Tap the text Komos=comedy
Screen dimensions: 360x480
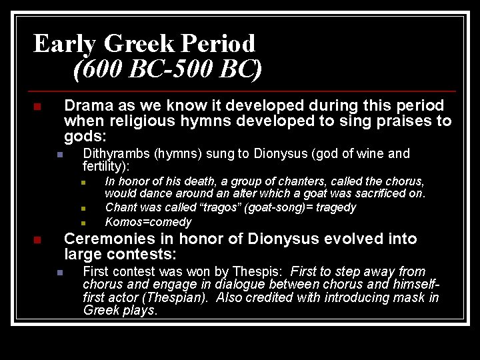148,222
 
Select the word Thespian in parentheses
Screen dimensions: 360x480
190,297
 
